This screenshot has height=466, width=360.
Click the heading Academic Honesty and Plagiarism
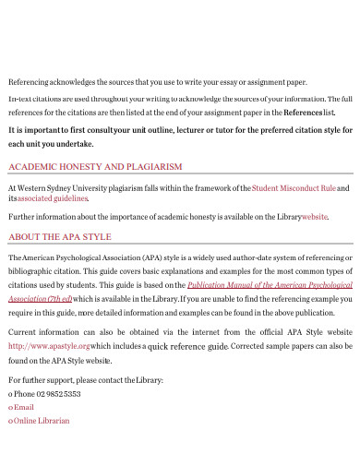94,167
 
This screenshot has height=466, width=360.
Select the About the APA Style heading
59,236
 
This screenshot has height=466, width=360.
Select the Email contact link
24,407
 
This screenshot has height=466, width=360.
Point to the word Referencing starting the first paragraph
29,81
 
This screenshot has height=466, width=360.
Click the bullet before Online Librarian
9,421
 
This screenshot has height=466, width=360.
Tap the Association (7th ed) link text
39,298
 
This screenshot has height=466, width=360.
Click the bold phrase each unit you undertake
50,144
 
